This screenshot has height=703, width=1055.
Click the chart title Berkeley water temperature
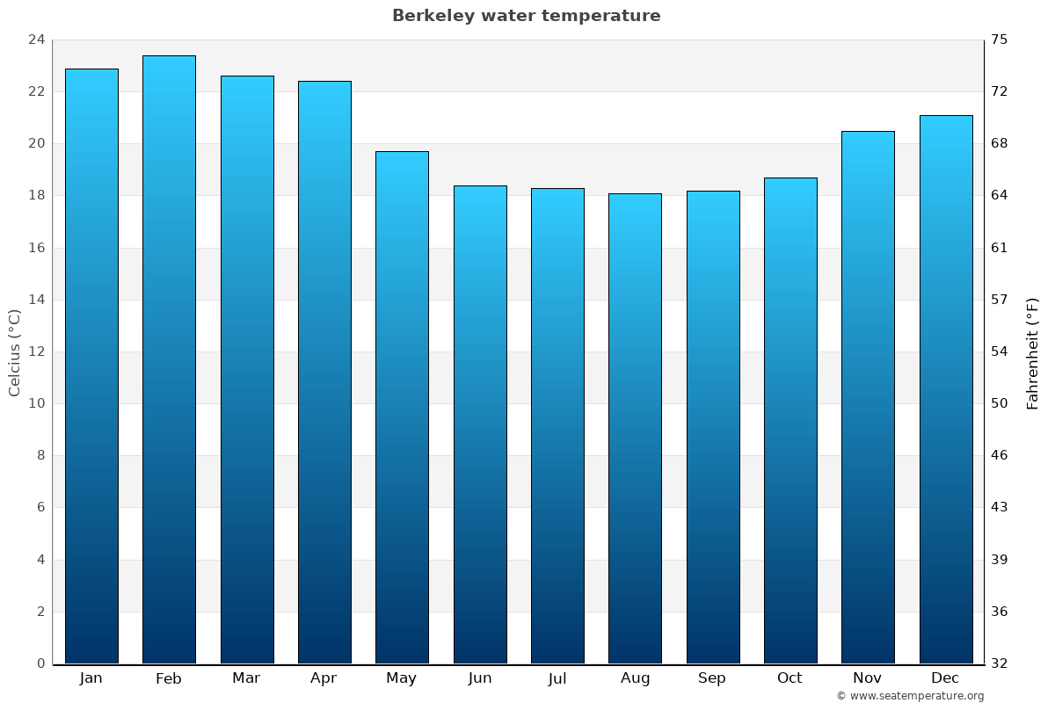point(526,16)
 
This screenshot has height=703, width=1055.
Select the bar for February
point(169,360)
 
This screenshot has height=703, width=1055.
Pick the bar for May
point(402,408)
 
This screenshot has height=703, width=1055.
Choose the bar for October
point(789,421)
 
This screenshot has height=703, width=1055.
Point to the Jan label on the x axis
point(91,678)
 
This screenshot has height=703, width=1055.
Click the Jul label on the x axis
point(557,678)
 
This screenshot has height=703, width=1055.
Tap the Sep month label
point(712,678)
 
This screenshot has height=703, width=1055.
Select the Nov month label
point(867,678)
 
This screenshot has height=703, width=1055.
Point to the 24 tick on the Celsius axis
point(36,40)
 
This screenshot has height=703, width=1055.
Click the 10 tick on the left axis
point(36,403)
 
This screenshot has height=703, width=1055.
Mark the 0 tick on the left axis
point(40,663)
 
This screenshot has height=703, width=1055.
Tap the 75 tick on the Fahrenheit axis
point(1000,40)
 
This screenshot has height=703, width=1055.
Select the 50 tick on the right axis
point(1000,403)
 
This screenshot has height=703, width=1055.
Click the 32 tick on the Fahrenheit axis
point(1000,663)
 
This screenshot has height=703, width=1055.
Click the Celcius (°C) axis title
point(14,352)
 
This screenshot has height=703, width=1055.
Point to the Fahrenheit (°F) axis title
point(1032,352)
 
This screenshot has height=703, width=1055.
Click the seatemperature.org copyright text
point(910,696)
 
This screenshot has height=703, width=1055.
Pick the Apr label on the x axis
point(324,678)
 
